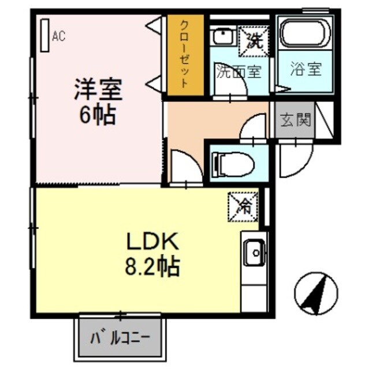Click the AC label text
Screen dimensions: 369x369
pos(58,37)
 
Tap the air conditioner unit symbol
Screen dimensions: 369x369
pos(44,36)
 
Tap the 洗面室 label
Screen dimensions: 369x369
pos(238,71)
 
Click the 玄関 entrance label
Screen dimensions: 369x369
pos(296,120)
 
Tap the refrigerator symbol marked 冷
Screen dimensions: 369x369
pos(243,205)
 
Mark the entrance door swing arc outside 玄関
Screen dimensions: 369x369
pos(296,155)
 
